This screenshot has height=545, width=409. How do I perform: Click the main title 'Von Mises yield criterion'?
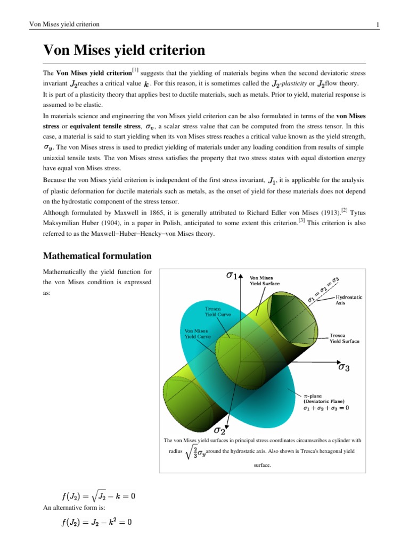pos(124,51)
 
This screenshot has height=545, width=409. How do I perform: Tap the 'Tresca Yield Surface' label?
pos(344,338)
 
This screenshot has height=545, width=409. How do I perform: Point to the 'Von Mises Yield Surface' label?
pos(265,280)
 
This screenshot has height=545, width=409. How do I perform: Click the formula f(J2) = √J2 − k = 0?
pos(99,497)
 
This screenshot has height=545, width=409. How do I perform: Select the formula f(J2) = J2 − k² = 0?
pos(97,523)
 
